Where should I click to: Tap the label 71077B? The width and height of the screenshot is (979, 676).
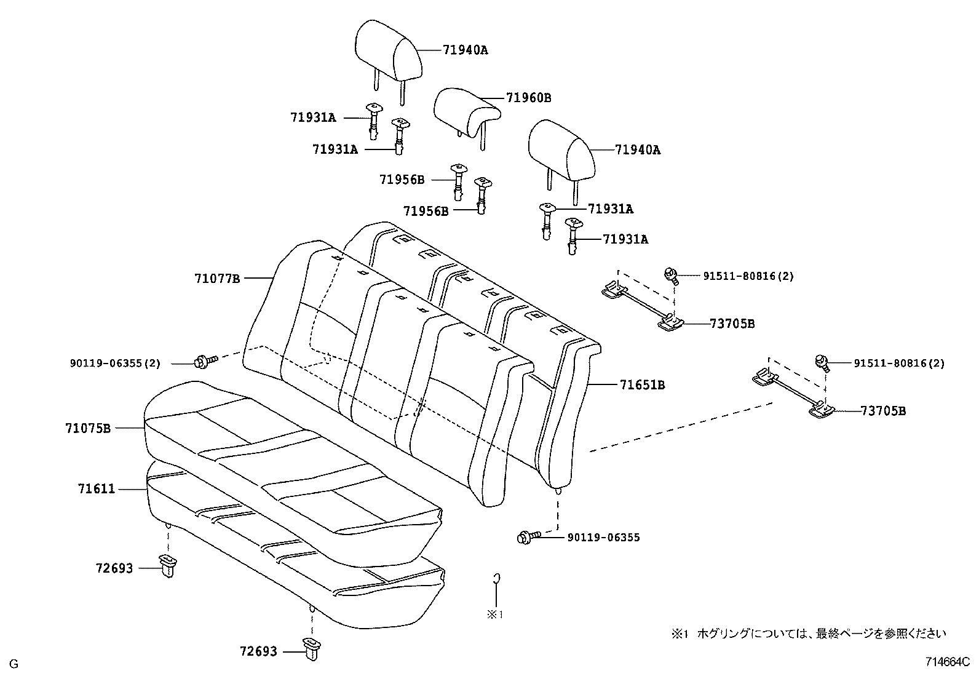coord(217,279)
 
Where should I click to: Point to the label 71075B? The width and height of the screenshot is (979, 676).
coord(88,427)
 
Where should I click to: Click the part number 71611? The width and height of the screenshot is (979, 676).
coord(96,489)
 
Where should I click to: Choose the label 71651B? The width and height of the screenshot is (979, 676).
coord(642,385)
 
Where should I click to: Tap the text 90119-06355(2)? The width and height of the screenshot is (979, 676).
coord(114,364)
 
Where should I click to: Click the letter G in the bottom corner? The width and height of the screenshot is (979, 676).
coord(14,664)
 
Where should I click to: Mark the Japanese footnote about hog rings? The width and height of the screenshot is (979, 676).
coord(809,633)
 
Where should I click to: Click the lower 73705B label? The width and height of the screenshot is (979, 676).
coord(882,411)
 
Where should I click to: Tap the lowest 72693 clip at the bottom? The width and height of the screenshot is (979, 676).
coord(312,648)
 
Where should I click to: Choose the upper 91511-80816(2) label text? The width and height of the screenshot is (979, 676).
coord(748,276)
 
